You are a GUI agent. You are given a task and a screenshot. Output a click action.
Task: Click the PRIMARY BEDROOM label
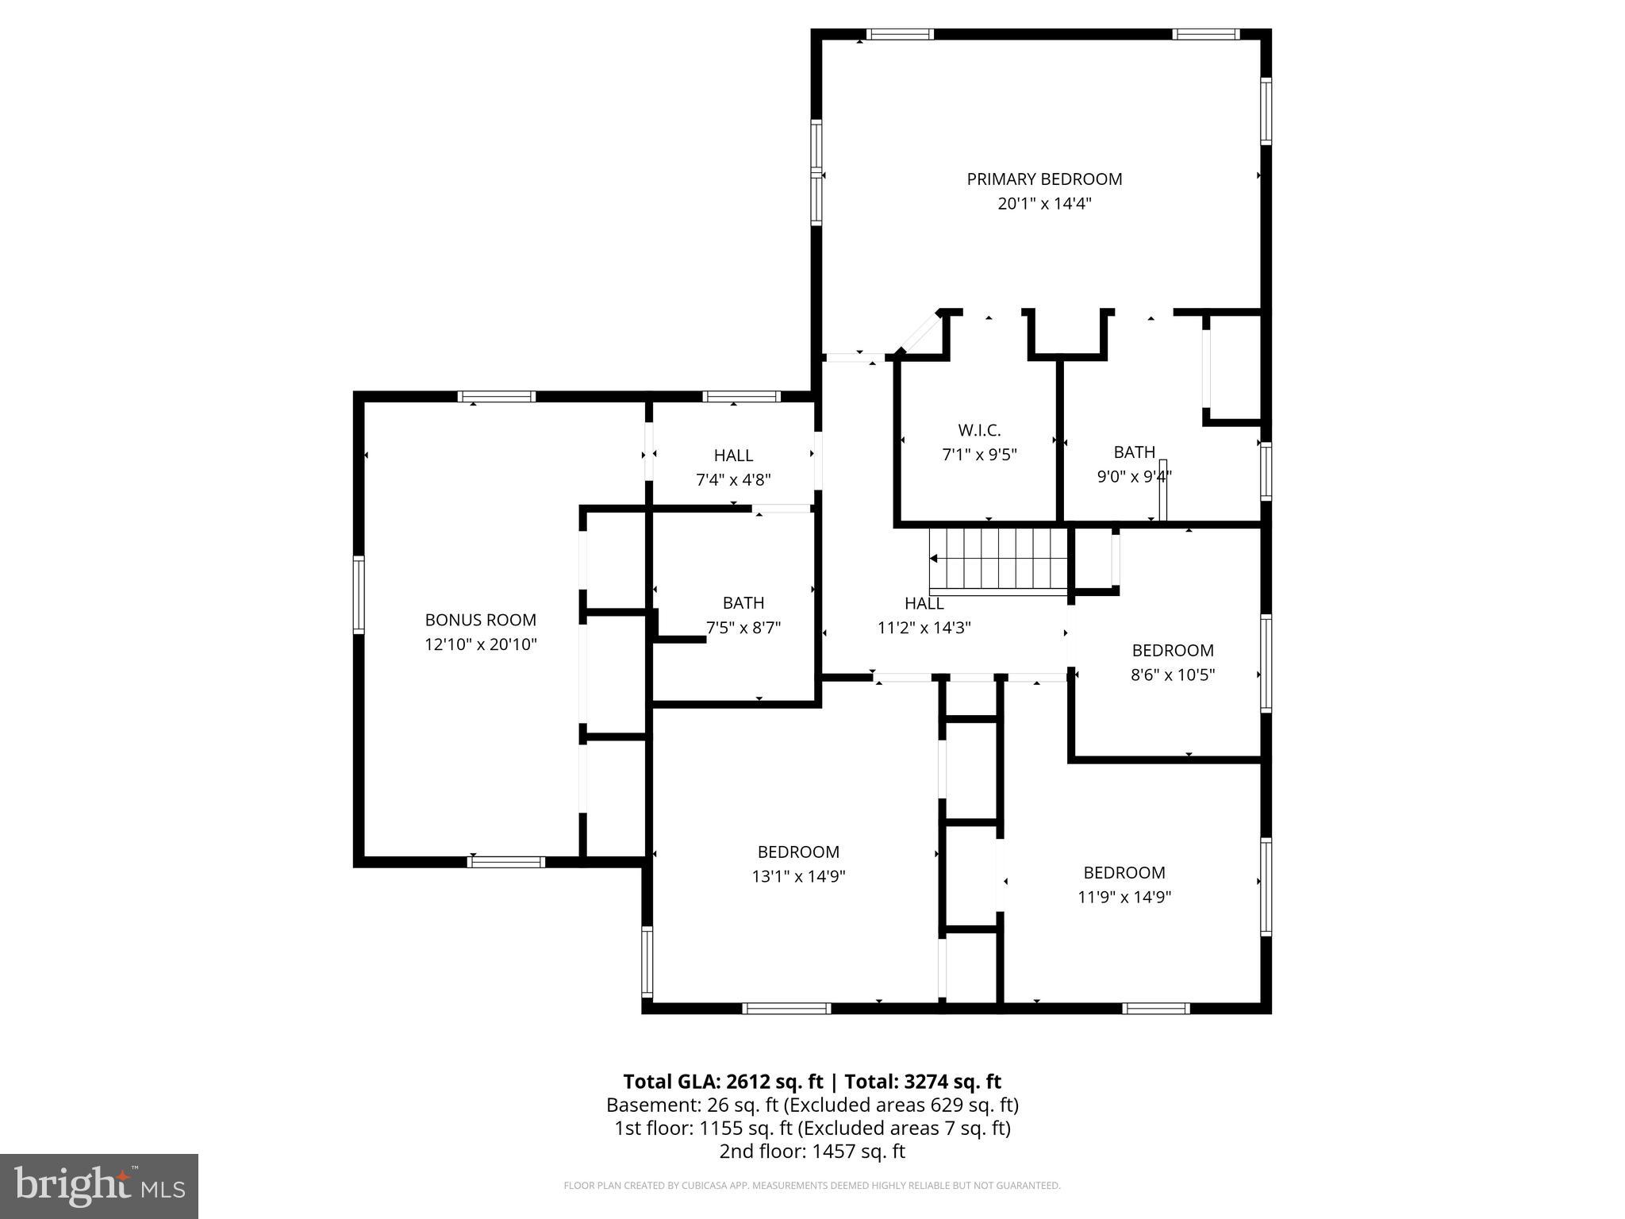pyautogui.click(x=1044, y=179)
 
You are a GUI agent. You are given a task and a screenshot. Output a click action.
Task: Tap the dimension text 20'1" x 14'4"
pyautogui.click(x=1044, y=204)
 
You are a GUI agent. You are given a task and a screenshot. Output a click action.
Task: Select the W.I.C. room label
pyautogui.click(x=979, y=430)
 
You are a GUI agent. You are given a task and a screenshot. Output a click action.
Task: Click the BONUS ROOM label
pyautogui.click(x=480, y=620)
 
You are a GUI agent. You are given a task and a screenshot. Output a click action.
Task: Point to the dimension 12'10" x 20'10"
pyautogui.click(x=480, y=644)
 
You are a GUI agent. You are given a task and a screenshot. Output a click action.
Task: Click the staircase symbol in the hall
pyautogui.click(x=1000, y=560)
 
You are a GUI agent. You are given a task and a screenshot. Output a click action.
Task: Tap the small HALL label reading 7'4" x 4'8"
pyautogui.click(x=733, y=456)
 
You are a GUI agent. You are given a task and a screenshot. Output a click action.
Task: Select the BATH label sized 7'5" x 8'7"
pyautogui.click(x=743, y=603)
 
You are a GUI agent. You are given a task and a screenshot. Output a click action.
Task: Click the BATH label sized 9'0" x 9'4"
pyautogui.click(x=1134, y=452)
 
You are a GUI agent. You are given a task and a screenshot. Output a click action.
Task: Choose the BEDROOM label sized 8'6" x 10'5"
pyautogui.click(x=1173, y=651)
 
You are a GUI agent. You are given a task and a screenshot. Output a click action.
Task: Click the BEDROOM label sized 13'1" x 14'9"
pyautogui.click(x=798, y=852)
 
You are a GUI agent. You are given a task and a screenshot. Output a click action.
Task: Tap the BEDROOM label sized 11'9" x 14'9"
pyautogui.click(x=1124, y=873)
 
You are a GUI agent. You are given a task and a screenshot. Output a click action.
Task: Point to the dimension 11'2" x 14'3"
pyautogui.click(x=924, y=628)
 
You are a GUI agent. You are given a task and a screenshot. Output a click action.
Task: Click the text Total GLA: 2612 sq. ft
pyautogui.click(x=723, y=1082)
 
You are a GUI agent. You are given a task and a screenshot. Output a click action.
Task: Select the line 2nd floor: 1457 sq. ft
pyautogui.click(x=812, y=1152)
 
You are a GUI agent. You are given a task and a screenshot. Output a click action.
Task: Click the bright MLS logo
pyautogui.click(x=98, y=1186)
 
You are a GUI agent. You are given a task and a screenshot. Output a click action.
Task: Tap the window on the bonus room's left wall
pyautogui.click(x=359, y=594)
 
